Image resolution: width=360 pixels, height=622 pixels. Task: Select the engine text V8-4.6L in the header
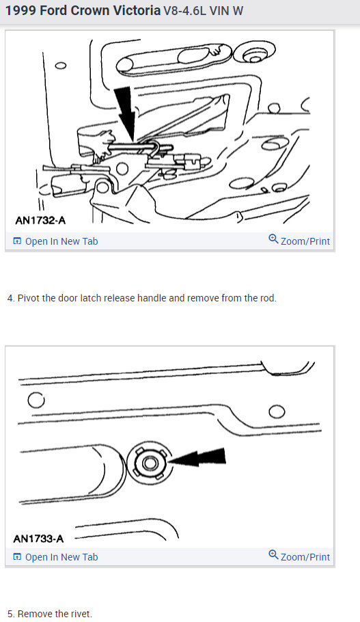point(184,11)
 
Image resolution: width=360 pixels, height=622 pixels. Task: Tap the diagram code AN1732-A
point(40,220)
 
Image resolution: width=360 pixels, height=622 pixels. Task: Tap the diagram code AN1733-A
point(38,539)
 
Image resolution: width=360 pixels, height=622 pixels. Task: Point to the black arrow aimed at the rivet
point(197,457)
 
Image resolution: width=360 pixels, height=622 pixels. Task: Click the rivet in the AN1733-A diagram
point(150,463)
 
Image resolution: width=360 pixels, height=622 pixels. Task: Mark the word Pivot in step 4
point(29,298)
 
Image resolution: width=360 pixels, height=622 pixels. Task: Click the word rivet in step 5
point(81,614)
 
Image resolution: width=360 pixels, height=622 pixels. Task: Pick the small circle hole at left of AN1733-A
point(36,400)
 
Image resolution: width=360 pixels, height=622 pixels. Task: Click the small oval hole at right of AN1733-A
point(277,411)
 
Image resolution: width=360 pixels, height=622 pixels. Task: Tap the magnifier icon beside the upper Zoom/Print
point(273,239)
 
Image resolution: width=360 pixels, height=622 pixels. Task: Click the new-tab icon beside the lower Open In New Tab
point(17,557)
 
